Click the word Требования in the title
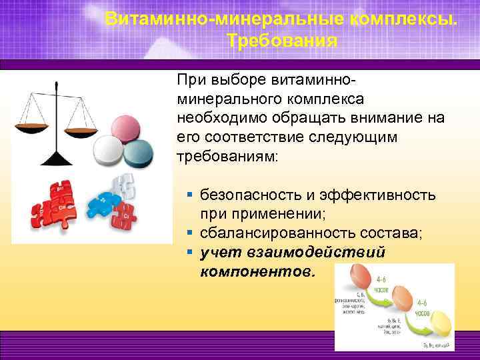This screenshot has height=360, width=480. point(281,41)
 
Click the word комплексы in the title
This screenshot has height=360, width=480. point(387,18)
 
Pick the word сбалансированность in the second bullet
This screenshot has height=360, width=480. point(275,234)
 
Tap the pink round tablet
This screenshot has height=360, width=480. point(129,129)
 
